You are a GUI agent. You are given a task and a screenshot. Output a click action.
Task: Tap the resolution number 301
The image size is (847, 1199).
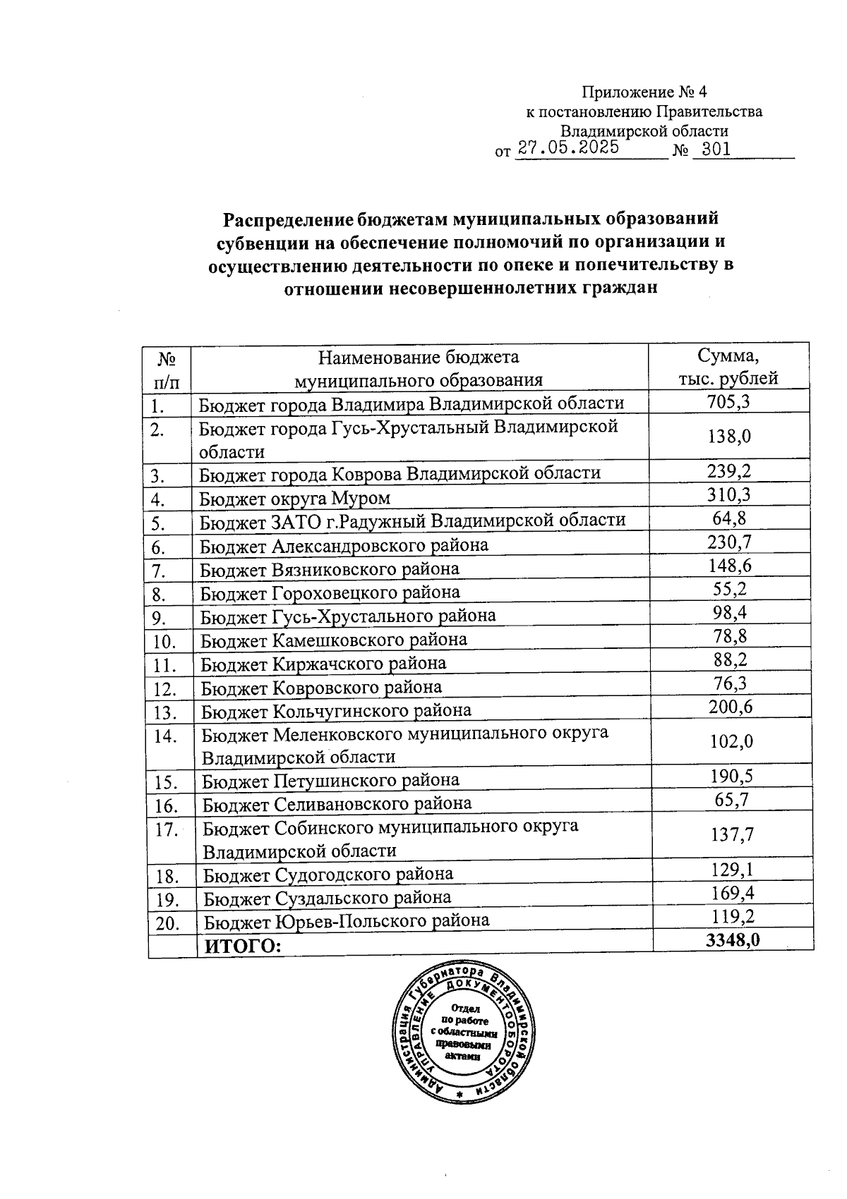(x=711, y=150)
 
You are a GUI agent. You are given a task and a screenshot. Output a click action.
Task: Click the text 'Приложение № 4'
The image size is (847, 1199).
(x=643, y=92)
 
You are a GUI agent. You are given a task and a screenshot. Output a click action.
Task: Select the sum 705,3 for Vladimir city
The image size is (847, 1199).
(x=728, y=402)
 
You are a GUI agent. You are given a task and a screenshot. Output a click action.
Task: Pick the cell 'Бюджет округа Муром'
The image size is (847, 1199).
(x=295, y=499)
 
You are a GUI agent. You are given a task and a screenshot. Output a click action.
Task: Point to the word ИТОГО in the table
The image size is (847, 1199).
(x=242, y=946)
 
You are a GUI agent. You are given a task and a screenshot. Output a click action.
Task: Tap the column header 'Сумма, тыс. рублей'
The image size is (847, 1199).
(x=728, y=367)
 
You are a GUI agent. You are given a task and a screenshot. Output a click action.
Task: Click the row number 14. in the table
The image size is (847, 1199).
(x=165, y=736)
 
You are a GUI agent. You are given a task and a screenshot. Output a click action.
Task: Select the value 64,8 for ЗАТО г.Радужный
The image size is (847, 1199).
(x=730, y=519)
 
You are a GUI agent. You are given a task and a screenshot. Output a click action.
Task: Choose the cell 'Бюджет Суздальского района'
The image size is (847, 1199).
(x=328, y=898)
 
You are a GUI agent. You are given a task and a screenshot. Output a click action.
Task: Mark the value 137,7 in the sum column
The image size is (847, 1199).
(x=732, y=835)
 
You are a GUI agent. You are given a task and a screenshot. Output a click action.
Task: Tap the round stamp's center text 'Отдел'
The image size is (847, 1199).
(x=465, y=1008)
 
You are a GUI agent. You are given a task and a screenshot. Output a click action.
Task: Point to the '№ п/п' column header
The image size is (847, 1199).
(x=166, y=370)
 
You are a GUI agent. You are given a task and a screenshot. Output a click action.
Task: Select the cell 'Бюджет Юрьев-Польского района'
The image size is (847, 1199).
(x=346, y=920)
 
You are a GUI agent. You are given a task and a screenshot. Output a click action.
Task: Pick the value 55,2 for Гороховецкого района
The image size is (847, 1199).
(x=730, y=590)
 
